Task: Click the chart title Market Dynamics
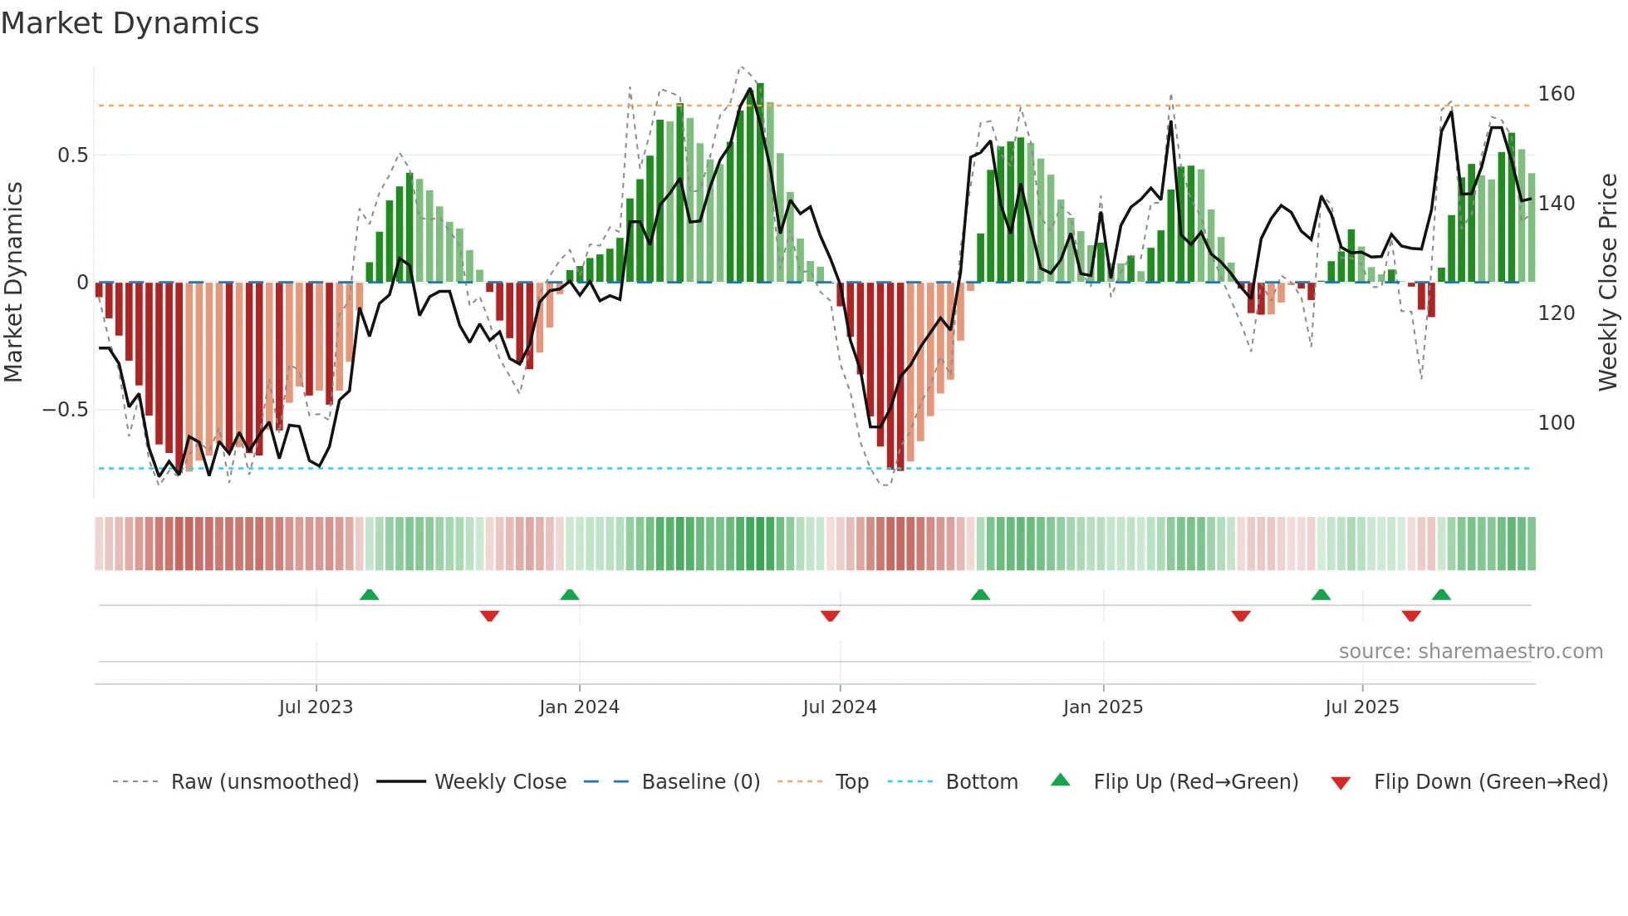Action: click(130, 23)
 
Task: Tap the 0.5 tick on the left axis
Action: click(72, 155)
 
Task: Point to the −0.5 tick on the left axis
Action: click(65, 410)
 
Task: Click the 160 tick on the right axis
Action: click(1556, 94)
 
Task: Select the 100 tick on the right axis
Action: click(1556, 423)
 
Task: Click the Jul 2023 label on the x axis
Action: click(316, 707)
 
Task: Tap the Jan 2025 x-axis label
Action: click(1102, 707)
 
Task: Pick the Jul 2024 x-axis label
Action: click(839, 707)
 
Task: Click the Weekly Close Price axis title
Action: click(1608, 283)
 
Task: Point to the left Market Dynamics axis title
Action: click(13, 283)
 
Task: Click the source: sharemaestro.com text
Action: click(1470, 652)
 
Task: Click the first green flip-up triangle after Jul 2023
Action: click(369, 595)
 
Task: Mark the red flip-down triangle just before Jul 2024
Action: click(830, 616)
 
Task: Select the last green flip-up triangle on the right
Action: click(1441, 595)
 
